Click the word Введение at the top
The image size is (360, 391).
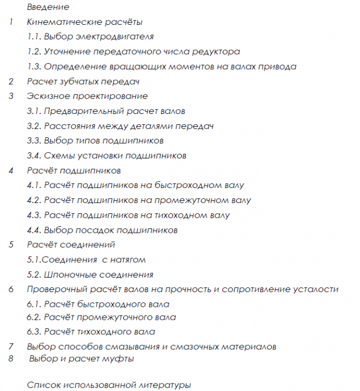48,8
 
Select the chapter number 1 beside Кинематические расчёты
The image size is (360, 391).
11,23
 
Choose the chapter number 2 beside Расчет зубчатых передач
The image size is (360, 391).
11,82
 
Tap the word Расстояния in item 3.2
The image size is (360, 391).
70,126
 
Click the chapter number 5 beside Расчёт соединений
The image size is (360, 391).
11,245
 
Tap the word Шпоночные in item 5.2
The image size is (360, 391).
69,275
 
